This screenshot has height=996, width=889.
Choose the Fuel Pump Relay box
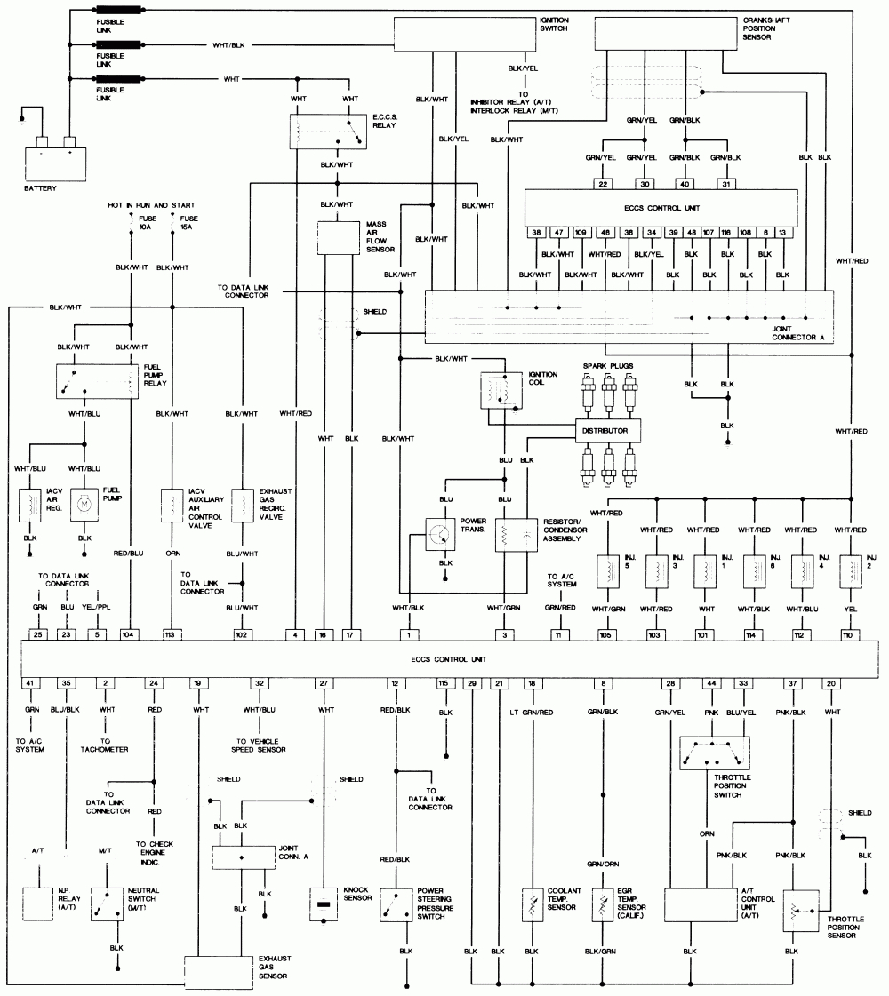pyautogui.click(x=93, y=379)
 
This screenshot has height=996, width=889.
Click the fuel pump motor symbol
pyautogui.click(x=84, y=504)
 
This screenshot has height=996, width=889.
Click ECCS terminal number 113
pyautogui.click(x=171, y=634)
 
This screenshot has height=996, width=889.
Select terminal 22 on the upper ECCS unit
pyautogui.click(x=603, y=184)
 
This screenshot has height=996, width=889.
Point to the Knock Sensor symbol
pyautogui.click(x=324, y=904)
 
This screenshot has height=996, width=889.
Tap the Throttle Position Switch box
pyautogui.click(x=714, y=753)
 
